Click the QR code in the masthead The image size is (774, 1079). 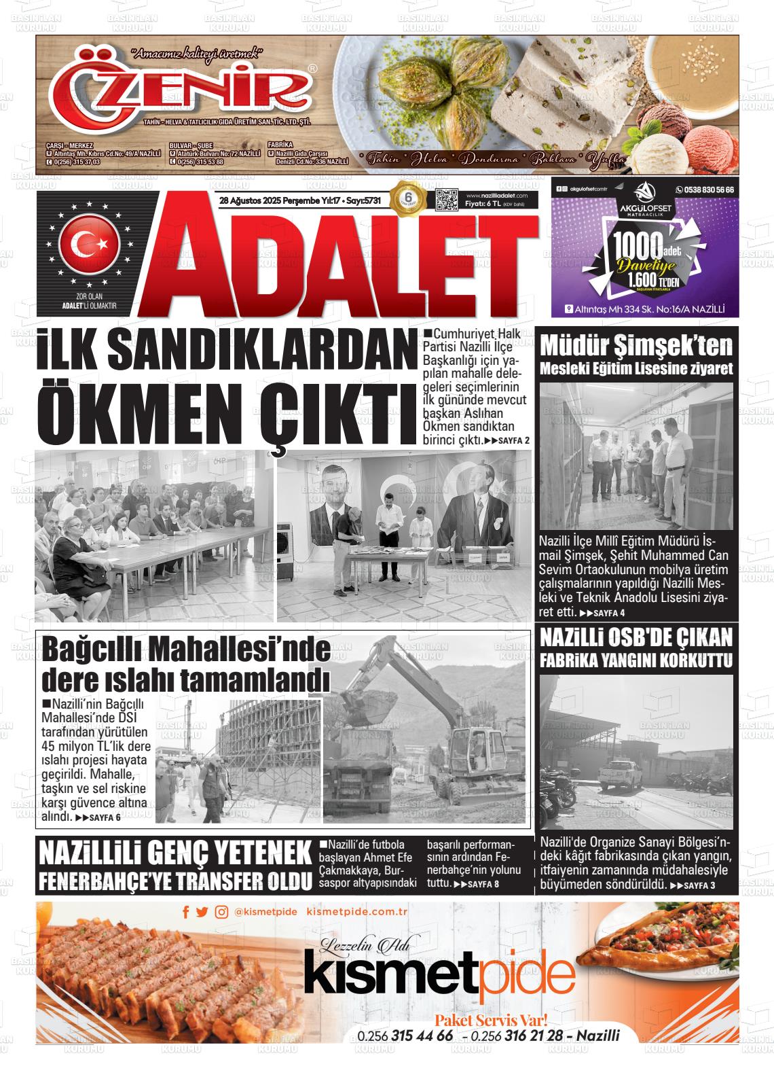(x=447, y=201)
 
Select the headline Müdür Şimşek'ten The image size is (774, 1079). (x=636, y=346)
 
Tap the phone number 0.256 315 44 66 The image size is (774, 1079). (x=405, y=1036)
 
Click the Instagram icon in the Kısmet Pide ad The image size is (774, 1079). (x=221, y=913)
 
